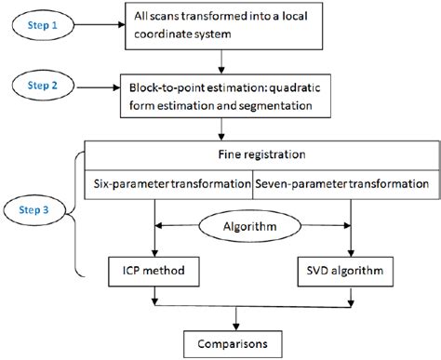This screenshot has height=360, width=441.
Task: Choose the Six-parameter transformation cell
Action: pyautogui.click(x=169, y=184)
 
